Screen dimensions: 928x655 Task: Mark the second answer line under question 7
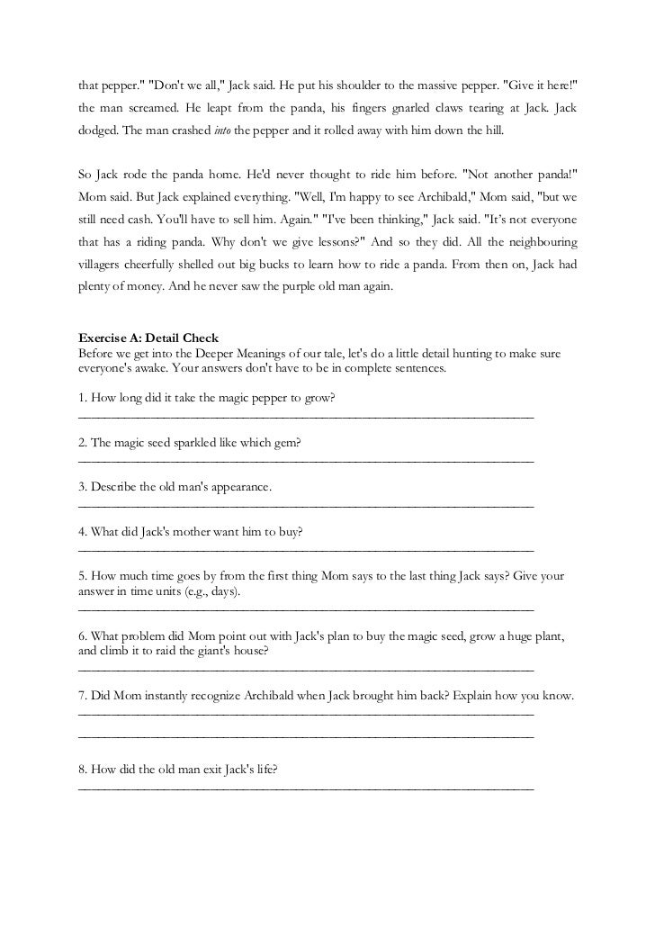tap(306, 737)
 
